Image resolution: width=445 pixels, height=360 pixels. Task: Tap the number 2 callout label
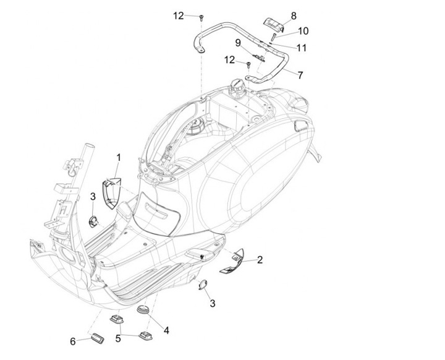(260, 260)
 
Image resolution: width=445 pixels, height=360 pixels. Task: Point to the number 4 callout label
(166, 330)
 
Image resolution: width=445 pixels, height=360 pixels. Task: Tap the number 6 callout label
(72, 341)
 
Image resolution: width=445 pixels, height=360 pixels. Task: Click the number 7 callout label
(300, 75)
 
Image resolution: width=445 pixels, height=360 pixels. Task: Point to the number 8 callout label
(293, 15)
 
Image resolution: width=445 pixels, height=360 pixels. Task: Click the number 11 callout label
(301, 47)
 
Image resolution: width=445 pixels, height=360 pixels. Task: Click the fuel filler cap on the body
(238, 86)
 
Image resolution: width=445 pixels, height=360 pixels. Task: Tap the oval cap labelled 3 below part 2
(201, 284)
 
